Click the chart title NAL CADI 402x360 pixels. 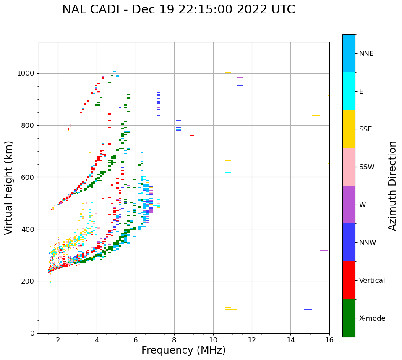178,10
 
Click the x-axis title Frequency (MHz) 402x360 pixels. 183,350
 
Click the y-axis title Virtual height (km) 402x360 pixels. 9,188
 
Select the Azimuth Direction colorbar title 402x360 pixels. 392,186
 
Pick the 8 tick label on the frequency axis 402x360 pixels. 174,340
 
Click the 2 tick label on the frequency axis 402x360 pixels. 58,340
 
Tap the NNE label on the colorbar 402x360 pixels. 366,54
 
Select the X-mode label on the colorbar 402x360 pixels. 372,318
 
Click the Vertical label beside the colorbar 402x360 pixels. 372,281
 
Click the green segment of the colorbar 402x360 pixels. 349,318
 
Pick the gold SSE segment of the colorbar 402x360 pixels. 349,129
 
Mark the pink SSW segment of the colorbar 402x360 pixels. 349,167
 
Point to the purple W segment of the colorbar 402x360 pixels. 349,205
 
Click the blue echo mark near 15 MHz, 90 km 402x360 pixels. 308,310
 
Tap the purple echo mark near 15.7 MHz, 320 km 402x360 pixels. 324,250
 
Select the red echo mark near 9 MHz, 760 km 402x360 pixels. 192,136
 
